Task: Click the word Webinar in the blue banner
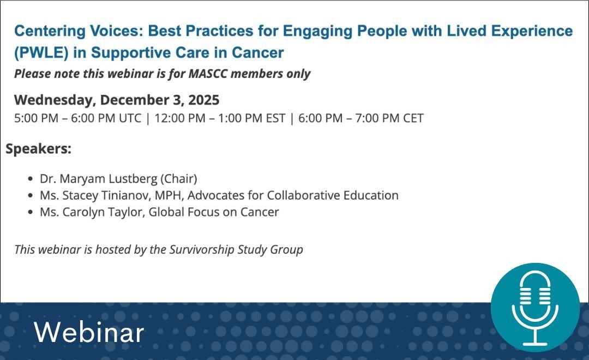89,332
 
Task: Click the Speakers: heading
38,148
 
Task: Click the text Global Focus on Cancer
217,212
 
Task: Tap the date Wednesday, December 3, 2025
117,100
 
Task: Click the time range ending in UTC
77,118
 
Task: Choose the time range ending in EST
220,118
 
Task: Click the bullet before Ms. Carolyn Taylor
30,212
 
